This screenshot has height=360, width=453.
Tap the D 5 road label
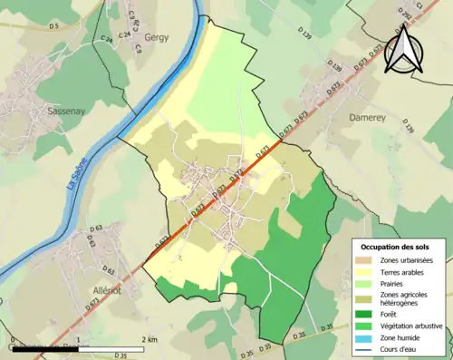pyautogui.click(x=53, y=26)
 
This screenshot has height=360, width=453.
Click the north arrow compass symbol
pyautogui.click(x=400, y=47)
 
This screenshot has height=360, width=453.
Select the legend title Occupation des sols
pyautogui.click(x=397, y=246)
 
